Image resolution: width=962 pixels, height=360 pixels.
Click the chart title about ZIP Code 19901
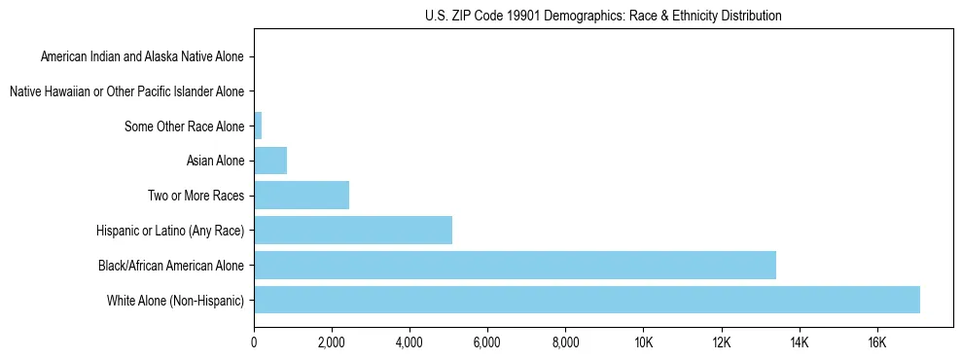[x=603, y=16]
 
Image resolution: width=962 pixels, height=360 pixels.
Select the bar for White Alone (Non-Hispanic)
[x=587, y=300]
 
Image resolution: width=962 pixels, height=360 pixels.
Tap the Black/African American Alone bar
[x=515, y=265]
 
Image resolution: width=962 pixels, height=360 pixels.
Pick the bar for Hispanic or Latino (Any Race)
[x=353, y=230]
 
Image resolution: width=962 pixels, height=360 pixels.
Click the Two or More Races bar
[x=302, y=196]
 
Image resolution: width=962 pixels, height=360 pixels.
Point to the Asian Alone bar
[x=270, y=161]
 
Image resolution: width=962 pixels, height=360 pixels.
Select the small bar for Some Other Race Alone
[x=258, y=126]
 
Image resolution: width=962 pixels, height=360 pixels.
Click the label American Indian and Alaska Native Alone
[x=143, y=56]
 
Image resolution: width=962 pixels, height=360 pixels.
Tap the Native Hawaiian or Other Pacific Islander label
[x=126, y=91]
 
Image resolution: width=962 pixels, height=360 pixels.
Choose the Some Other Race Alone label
[x=185, y=126]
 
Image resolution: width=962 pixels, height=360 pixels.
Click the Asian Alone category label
[x=216, y=161]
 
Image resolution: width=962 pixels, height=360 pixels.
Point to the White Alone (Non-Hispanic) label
[x=176, y=300]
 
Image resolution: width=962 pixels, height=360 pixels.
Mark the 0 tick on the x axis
[x=254, y=342]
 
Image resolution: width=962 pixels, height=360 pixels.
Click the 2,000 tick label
[x=332, y=342]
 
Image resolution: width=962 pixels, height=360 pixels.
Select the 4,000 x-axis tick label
[x=410, y=342]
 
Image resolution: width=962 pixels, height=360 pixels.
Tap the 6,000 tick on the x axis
[x=487, y=342]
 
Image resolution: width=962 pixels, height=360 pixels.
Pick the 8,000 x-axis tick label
[x=565, y=342]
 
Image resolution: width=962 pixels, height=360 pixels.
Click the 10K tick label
[x=643, y=342]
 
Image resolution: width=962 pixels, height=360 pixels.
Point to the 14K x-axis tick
[x=799, y=342]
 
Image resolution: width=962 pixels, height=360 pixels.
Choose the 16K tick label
[x=876, y=342]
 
